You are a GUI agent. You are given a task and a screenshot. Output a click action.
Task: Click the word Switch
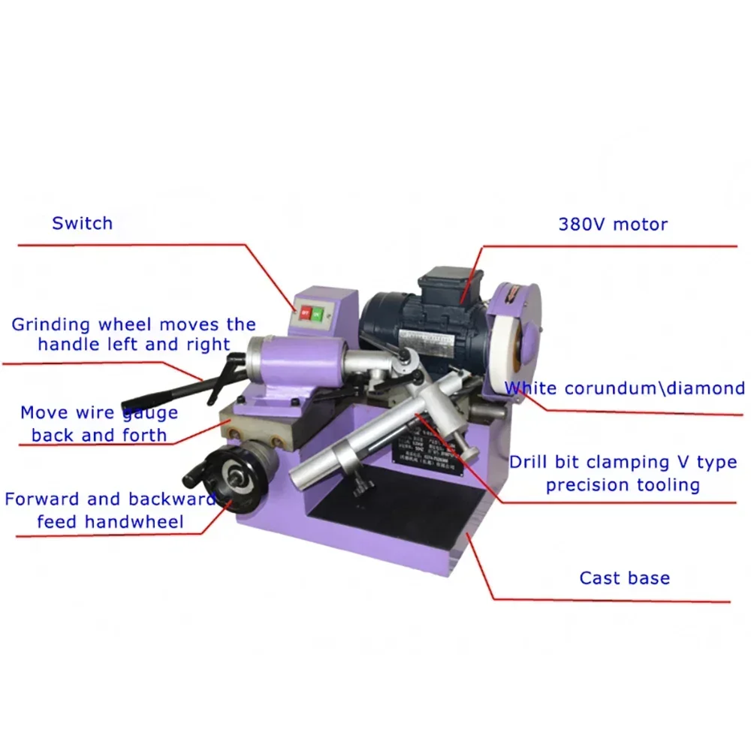click(x=82, y=223)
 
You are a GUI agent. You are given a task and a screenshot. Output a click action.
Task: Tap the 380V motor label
click(x=613, y=224)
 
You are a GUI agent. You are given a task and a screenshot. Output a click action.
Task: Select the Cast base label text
click(x=624, y=578)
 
